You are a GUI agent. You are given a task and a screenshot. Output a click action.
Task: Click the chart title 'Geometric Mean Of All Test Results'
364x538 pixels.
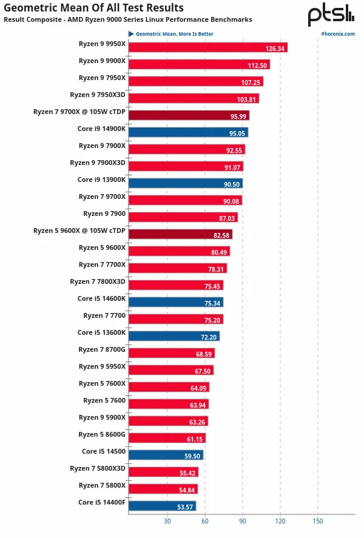click(x=93, y=8)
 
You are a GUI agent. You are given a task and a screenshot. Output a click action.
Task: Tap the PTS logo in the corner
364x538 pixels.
click(x=331, y=15)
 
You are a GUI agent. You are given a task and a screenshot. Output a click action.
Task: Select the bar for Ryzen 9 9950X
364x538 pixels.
click(x=207, y=47)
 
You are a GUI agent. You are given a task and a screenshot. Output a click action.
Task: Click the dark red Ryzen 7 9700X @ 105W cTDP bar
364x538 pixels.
click(x=189, y=115)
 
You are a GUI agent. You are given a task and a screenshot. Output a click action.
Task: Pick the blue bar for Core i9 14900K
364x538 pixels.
click(x=188, y=132)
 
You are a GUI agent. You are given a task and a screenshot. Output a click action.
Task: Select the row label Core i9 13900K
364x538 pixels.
click(x=101, y=180)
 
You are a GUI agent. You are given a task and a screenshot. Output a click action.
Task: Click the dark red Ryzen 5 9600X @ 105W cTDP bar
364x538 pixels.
click(x=180, y=234)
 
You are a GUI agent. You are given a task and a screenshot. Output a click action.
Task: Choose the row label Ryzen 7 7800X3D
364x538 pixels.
click(x=98, y=281)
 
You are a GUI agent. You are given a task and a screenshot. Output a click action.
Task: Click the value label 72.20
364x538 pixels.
click(x=209, y=337)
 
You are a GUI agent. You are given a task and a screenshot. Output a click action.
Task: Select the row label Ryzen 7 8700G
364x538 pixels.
click(x=102, y=349)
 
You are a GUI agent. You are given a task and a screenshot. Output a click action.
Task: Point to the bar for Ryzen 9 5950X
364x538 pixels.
click(x=170, y=370)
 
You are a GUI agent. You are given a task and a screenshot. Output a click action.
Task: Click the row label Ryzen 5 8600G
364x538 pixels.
click(x=102, y=434)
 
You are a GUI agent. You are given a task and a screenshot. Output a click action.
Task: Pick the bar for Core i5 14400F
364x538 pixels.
click(x=162, y=506)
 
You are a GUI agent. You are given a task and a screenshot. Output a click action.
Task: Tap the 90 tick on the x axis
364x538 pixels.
click(x=242, y=521)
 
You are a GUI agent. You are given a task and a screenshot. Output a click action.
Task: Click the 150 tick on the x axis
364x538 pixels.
click(x=317, y=521)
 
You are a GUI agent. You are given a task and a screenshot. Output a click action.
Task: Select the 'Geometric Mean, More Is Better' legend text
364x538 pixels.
click(x=174, y=34)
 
